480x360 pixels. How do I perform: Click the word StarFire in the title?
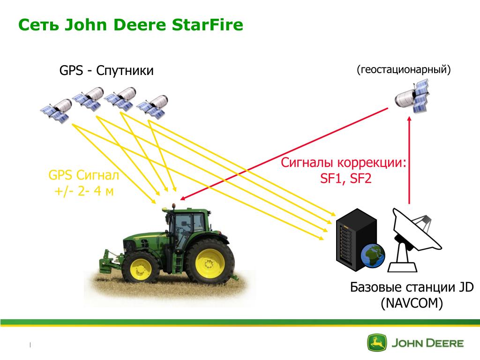(x=207, y=25)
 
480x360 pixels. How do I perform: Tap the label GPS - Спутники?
(x=106, y=71)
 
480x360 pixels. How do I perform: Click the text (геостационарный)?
(x=404, y=69)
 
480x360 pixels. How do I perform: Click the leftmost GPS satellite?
(x=56, y=111)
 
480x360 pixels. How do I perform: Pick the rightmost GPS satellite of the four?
(x=152, y=106)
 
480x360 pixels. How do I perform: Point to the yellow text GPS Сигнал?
(x=83, y=175)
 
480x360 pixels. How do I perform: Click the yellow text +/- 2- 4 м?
(x=84, y=191)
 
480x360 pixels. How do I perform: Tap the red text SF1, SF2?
(x=345, y=179)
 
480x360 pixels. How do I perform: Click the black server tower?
(x=356, y=240)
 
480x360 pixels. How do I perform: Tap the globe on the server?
(x=373, y=255)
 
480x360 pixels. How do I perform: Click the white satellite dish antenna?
(x=413, y=239)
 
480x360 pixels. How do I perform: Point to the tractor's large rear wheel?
(x=210, y=261)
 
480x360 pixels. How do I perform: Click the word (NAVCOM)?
(x=412, y=303)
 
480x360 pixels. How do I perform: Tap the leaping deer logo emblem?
(x=377, y=343)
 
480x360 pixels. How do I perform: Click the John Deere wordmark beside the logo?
(x=427, y=343)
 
